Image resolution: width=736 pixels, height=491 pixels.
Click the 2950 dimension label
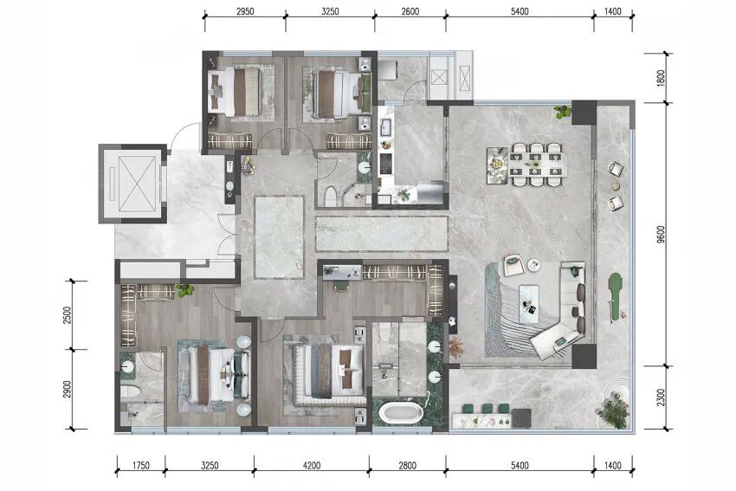pyautogui.click(x=245, y=12)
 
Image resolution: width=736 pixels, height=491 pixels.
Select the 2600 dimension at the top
pyautogui.click(x=410, y=12)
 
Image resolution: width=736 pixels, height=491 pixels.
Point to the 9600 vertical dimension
pyautogui.click(x=662, y=235)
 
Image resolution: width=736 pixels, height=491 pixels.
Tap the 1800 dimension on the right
pyautogui.click(x=662, y=78)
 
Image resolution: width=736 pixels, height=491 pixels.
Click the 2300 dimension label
pyautogui.click(x=662, y=397)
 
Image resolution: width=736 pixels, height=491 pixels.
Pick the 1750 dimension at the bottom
pyautogui.click(x=141, y=466)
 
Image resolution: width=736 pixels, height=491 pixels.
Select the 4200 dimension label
pyautogui.click(x=312, y=466)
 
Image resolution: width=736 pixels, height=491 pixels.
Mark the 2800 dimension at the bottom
pyautogui.click(x=408, y=466)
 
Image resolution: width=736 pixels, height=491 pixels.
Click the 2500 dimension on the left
pyautogui.click(x=68, y=315)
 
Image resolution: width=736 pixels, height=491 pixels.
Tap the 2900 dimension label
pyautogui.click(x=68, y=389)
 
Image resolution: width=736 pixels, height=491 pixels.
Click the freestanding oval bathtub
pyautogui.click(x=401, y=412)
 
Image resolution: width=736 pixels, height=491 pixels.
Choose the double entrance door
pyautogui.click(x=227, y=236)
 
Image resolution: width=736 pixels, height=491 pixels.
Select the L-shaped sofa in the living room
pyautogui.click(x=565, y=310)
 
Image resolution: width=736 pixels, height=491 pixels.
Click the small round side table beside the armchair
pyautogui.click(x=533, y=265)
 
